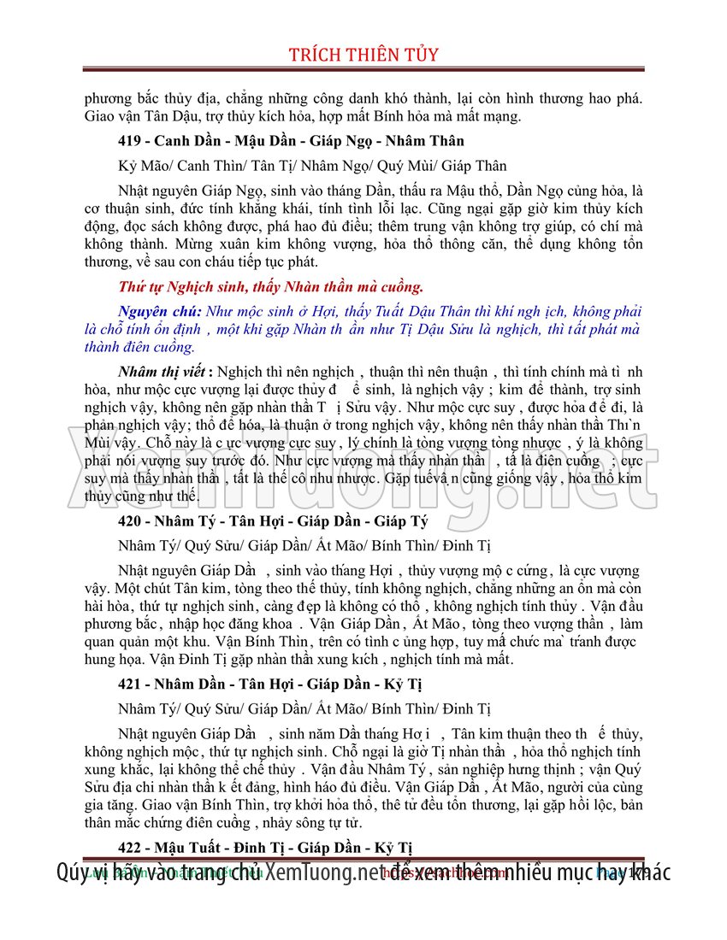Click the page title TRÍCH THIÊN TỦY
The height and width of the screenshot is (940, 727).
pos(363,55)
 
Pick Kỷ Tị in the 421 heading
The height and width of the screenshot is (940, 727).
pos(399,684)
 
